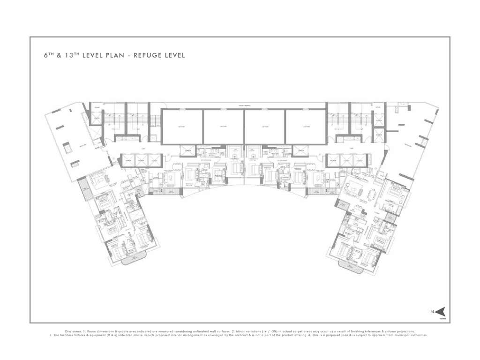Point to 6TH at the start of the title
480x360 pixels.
pyautogui.click(x=49, y=55)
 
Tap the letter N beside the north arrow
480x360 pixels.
pyautogui.click(x=432, y=311)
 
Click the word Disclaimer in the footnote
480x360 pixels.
pyautogui.click(x=74, y=331)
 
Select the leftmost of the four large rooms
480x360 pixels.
pyautogui.click(x=182, y=127)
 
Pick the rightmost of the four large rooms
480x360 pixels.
pyautogui.click(x=306, y=127)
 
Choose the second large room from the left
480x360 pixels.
pyautogui.click(x=223, y=127)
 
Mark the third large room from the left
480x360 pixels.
pyautogui.click(x=264, y=127)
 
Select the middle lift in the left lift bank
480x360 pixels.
pyautogui.click(x=142, y=160)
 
